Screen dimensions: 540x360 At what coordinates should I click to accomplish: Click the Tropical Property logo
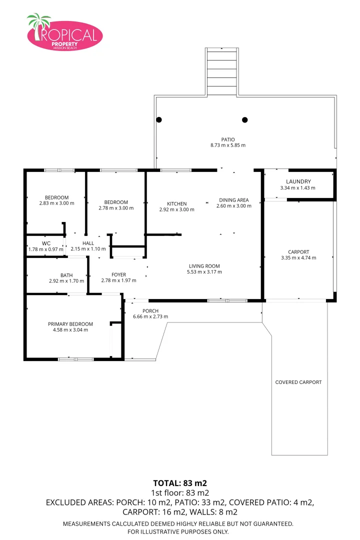coord(64,33)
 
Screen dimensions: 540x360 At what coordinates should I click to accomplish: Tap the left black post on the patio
coord(159,119)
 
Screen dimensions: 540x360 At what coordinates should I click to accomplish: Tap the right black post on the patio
coord(245,119)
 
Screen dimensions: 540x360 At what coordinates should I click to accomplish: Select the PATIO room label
coord(228,139)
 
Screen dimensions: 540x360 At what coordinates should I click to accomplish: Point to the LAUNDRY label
coord(298,181)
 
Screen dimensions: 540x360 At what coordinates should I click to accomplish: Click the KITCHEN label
coord(176,203)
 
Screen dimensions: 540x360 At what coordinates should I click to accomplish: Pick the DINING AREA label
coord(233,200)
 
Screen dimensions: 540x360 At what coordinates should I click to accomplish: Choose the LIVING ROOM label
coord(204,266)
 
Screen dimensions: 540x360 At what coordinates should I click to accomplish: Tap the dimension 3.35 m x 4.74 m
coord(299,258)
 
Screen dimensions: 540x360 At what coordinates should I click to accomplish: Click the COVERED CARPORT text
coord(298,382)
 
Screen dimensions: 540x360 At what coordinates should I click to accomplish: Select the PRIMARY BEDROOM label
coord(70,324)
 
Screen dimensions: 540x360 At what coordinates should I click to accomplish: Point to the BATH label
coord(66,275)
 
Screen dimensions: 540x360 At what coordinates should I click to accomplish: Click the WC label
coord(46,243)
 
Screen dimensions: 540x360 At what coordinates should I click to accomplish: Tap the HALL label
coord(88,243)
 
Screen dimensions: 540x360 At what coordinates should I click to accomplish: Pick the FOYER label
coord(118,274)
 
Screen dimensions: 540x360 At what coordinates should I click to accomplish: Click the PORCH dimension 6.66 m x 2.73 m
coord(150,316)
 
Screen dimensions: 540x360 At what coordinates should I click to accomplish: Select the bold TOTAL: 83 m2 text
coord(179,483)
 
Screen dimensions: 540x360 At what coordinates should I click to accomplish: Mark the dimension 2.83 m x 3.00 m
coord(56,203)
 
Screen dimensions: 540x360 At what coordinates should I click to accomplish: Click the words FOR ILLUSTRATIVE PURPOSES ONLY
coord(178,531)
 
